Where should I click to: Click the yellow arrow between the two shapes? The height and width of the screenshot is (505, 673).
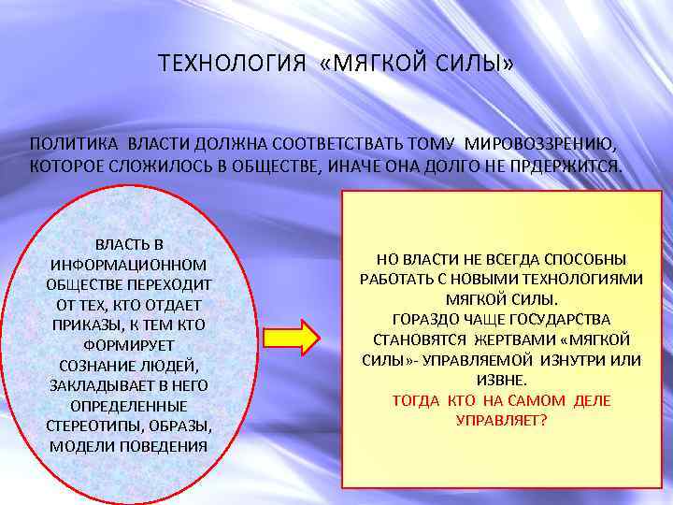(x=293, y=337)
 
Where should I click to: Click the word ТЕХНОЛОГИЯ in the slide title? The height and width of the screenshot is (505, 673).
(x=232, y=64)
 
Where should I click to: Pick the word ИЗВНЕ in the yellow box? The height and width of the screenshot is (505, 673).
(x=501, y=380)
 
